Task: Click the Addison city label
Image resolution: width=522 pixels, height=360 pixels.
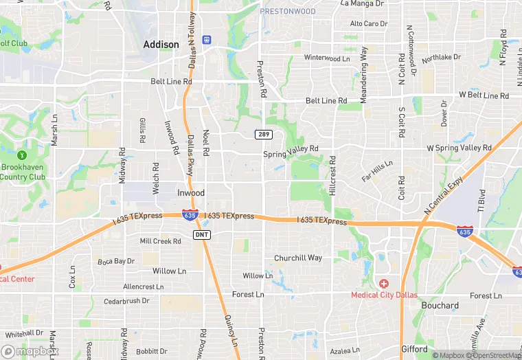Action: (x=161, y=44)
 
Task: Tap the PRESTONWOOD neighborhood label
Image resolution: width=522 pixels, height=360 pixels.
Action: (x=288, y=11)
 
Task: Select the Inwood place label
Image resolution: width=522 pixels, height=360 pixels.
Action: (x=191, y=193)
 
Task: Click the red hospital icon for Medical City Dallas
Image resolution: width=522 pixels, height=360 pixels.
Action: (x=383, y=283)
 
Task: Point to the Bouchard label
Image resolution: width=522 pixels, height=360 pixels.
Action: (x=440, y=305)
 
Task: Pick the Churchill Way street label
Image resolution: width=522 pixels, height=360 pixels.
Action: (x=298, y=258)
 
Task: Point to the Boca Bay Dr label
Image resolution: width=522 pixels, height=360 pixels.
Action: (x=116, y=261)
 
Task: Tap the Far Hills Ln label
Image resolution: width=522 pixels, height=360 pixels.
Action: (x=378, y=170)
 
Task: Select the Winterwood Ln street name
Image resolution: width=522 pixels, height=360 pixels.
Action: (x=327, y=58)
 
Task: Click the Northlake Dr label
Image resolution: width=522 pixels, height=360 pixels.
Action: (x=440, y=58)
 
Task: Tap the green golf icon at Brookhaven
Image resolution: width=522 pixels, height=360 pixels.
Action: (x=22, y=155)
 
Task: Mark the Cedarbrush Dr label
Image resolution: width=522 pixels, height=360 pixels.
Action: (x=126, y=301)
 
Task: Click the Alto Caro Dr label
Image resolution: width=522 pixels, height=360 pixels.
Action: (x=369, y=23)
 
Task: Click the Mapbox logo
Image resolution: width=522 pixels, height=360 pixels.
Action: (x=29, y=351)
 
